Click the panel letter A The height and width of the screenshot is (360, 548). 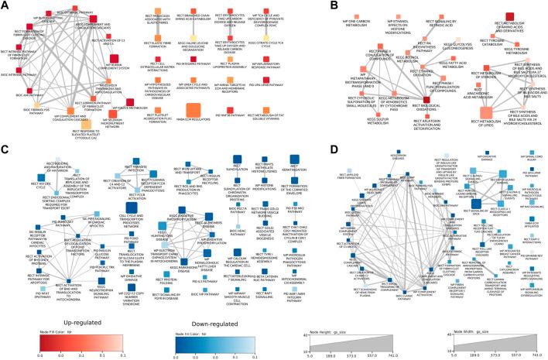(5, 6)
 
